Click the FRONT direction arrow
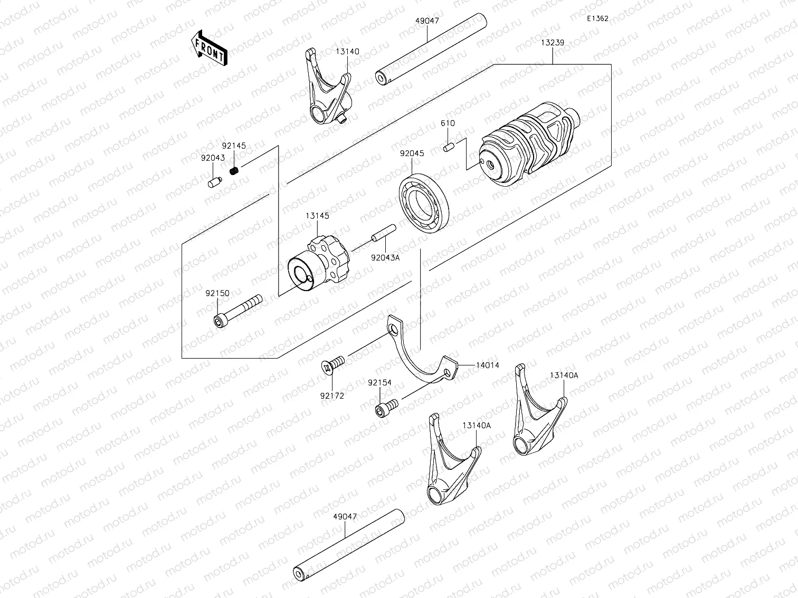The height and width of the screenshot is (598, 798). pos(209,48)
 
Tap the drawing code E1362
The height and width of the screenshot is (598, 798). pos(597,18)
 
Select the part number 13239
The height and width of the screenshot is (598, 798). pos(553,42)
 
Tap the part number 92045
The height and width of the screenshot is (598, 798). pos(412,153)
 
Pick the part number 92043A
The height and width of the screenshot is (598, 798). pos(385,258)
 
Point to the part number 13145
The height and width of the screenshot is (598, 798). pos(317,216)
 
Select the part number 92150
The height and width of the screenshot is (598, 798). pos(217,293)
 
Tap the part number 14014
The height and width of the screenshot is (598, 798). pos(487,365)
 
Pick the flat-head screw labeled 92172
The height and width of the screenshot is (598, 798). pos(332,364)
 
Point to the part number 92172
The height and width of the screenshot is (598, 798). pos(331,396)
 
